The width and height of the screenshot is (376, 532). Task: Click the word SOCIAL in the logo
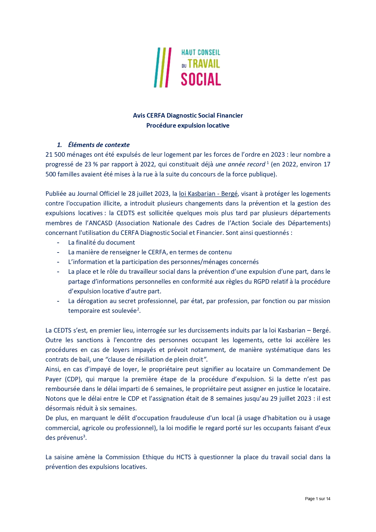point(201,79)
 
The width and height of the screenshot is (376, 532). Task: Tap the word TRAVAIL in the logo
point(204,64)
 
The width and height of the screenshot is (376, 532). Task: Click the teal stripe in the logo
point(156,67)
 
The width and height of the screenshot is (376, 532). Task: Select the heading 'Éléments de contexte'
point(99,145)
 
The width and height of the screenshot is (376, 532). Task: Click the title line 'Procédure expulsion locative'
point(188,125)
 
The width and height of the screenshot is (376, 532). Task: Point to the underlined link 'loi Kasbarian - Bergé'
point(208,194)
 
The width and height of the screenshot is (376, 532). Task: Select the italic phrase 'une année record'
point(240,164)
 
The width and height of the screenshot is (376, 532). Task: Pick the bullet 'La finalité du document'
point(101,243)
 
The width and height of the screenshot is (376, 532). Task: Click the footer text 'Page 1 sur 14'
point(318,499)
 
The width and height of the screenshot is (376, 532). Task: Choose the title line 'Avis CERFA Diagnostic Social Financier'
point(188,115)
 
